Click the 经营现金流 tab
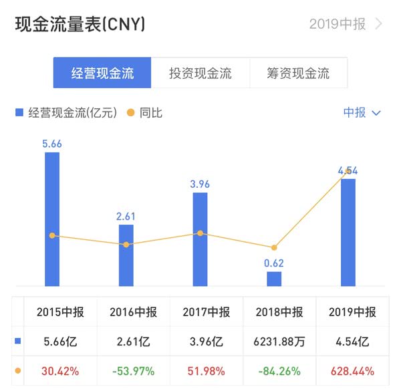click(x=102, y=73)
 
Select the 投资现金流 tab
click(x=200, y=73)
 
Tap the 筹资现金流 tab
click(x=298, y=73)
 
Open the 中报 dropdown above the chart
click(x=362, y=113)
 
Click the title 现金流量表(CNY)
click(x=80, y=25)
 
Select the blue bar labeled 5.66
click(x=52, y=219)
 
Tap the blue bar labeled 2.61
click(x=126, y=255)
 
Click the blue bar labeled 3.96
click(x=200, y=239)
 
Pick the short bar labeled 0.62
click(x=274, y=279)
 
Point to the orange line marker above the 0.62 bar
click(x=274, y=247)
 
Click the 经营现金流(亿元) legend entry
click(x=67, y=113)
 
